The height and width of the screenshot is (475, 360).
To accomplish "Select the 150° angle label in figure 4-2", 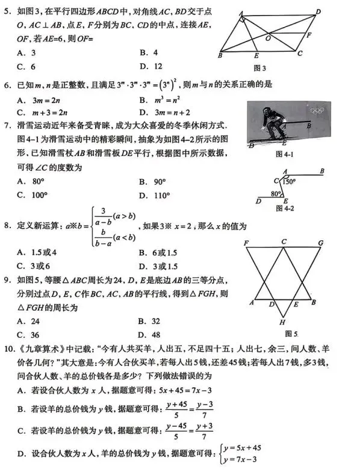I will coord(290,181).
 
